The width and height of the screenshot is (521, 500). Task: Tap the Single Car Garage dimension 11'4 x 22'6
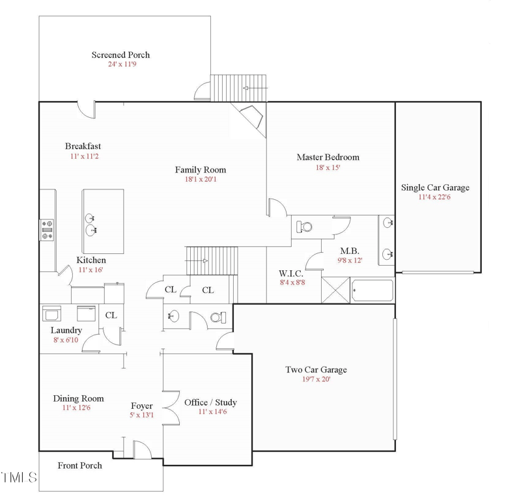pyautogui.click(x=435, y=197)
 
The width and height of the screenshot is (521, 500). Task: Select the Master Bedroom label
pyautogui.click(x=328, y=157)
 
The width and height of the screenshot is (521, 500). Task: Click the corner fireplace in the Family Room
pyautogui.click(x=251, y=119)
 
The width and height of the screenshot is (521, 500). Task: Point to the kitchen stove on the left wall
pyautogui.click(x=47, y=229)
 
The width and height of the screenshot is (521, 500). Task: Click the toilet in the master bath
pyautogui.click(x=304, y=227)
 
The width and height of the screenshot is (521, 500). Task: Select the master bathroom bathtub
pyautogui.click(x=373, y=290)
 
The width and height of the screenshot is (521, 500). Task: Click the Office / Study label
pyautogui.click(x=210, y=402)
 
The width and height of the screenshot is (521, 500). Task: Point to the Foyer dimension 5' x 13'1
pyautogui.click(x=141, y=415)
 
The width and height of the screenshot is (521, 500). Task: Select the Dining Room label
pyautogui.click(x=78, y=398)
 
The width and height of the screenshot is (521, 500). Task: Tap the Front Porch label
pyautogui.click(x=79, y=465)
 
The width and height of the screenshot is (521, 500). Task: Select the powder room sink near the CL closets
pyautogui.click(x=173, y=316)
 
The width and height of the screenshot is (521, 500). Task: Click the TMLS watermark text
pyautogui.click(x=18, y=479)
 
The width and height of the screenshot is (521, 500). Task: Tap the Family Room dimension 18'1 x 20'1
pyautogui.click(x=200, y=179)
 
